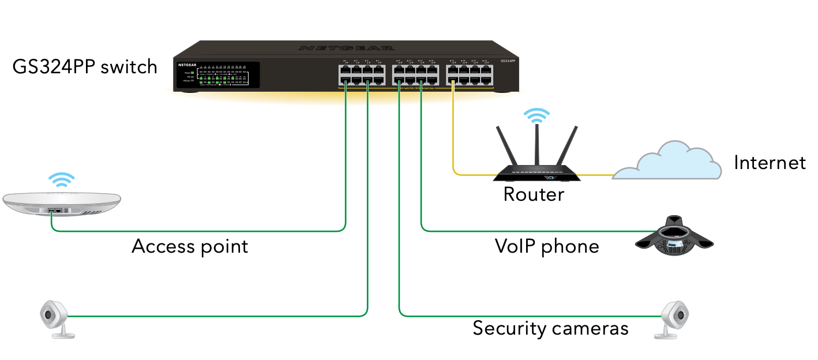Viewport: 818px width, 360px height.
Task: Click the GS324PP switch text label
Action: [85, 67]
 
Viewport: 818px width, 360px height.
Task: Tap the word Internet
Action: [769, 163]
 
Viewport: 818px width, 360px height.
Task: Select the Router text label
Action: [534, 194]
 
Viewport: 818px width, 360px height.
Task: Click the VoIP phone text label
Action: [547, 246]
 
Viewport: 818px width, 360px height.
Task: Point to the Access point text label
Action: [190, 246]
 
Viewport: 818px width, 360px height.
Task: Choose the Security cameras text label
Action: [550, 328]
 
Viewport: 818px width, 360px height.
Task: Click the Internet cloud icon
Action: [667, 162]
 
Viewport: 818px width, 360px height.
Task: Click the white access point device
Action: [62, 204]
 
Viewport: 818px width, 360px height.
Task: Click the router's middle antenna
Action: [536, 144]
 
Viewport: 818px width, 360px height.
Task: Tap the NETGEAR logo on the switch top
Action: [347, 48]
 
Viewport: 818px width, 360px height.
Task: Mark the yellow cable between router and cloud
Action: [594, 174]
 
